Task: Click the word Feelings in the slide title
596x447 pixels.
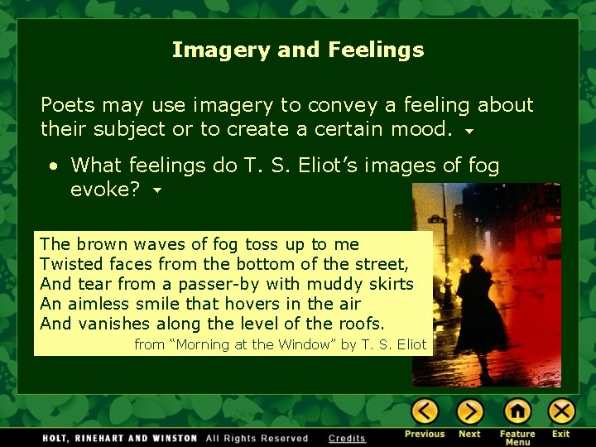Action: coord(376,50)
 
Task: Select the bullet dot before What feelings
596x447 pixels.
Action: coord(53,166)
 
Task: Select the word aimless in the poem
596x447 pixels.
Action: coord(95,304)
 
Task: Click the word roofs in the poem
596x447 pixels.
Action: coord(361,324)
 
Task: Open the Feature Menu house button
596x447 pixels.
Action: coord(517,411)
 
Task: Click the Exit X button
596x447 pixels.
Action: coord(561,411)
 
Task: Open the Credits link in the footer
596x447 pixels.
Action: coord(347,438)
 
